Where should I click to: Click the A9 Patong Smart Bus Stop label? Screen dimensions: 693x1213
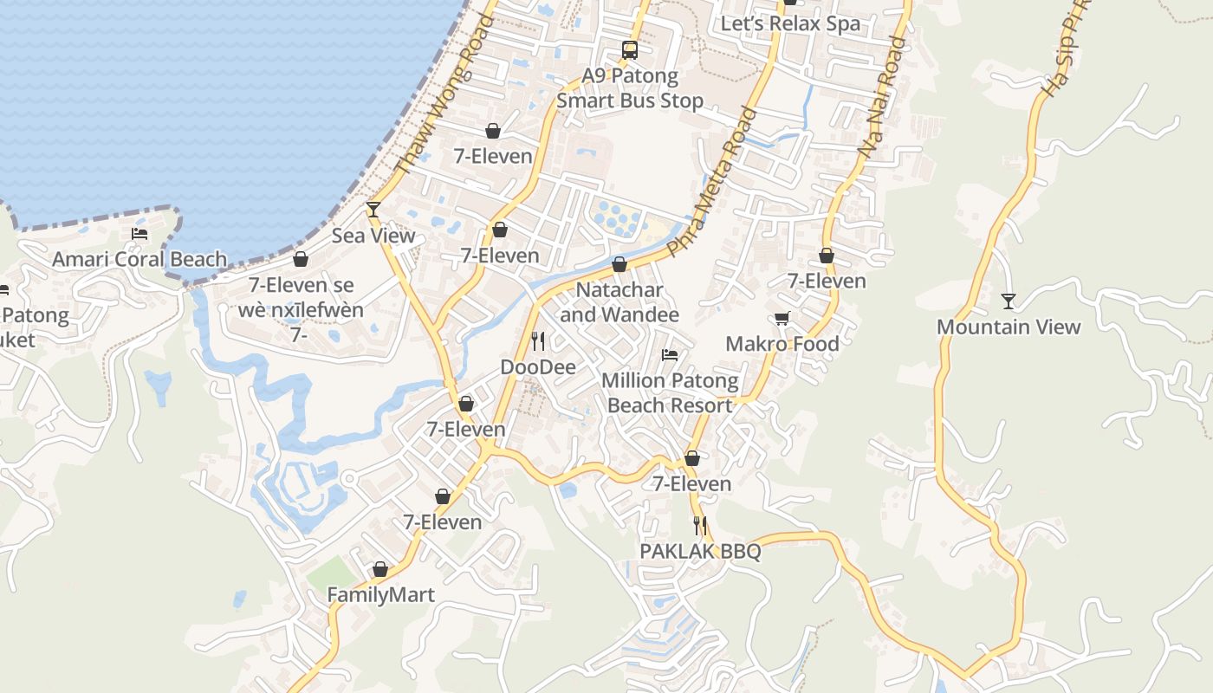(630, 88)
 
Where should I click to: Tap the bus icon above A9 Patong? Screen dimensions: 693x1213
(630, 50)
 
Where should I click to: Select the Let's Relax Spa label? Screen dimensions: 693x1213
(791, 23)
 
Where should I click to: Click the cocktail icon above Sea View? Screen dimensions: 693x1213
(373, 209)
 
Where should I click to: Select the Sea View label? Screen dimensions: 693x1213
(373, 236)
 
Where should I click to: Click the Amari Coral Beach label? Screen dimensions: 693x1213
(139, 259)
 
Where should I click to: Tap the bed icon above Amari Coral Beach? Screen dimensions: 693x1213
(139, 234)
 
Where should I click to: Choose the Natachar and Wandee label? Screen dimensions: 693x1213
(619, 302)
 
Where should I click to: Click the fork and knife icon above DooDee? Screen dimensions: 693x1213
(538, 340)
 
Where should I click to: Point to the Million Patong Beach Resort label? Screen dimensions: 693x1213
(670, 392)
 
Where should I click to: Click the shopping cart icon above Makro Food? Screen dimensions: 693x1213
(782, 319)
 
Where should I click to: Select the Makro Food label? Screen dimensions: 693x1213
(782, 344)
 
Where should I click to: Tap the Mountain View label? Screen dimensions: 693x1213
(1009, 327)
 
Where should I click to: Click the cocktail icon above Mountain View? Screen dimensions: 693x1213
(1009, 301)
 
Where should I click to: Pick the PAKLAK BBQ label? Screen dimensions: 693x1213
(700, 551)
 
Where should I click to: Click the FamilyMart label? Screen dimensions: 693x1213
(380, 595)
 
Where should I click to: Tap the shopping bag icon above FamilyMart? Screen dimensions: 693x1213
(380, 569)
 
